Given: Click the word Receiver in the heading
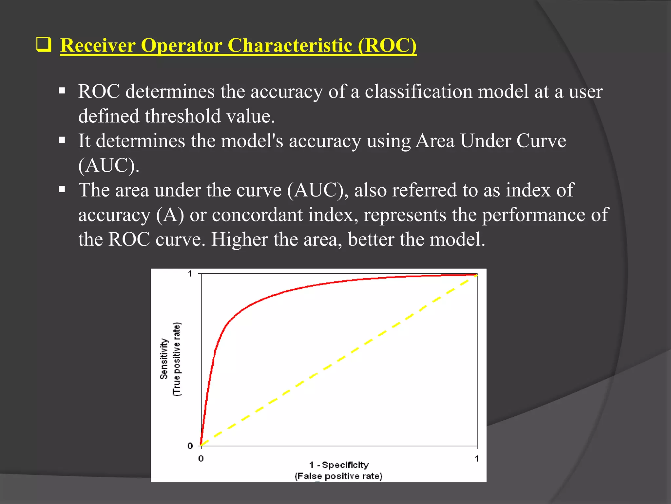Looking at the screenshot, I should [x=98, y=45].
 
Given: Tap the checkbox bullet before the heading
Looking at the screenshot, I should [x=44, y=45].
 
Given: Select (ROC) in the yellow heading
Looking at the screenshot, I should [x=387, y=45].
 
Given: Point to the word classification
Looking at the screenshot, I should [x=418, y=92].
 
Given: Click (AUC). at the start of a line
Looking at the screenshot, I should [x=109, y=165].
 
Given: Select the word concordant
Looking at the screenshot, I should [x=257, y=215].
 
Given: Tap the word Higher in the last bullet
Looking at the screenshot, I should [x=240, y=240].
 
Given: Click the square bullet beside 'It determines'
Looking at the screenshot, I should [x=62, y=140].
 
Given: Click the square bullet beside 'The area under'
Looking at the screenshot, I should [x=62, y=189].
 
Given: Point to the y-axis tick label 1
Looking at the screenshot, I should [x=190, y=274].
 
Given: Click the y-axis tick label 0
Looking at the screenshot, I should [x=190, y=446].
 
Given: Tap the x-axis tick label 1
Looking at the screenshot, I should [x=477, y=459].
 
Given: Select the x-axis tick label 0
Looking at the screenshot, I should [x=201, y=459].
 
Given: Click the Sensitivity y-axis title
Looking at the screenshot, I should [x=164, y=359].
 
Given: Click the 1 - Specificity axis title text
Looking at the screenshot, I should [x=339, y=465].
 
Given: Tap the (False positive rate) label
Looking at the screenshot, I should [x=338, y=476].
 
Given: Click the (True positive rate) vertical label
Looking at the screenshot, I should [x=177, y=359].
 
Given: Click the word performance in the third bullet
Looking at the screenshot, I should [x=533, y=215].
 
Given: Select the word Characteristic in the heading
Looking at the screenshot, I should [x=290, y=45].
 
